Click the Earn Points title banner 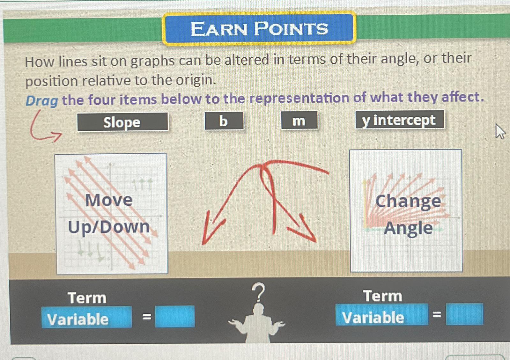tap(259, 28)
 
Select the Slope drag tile tap(122, 122)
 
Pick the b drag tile tap(224, 121)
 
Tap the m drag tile tap(299, 121)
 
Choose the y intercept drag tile tap(399, 120)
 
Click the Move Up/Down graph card tap(111, 213)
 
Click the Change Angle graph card tap(406, 211)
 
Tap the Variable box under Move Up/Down tap(86, 318)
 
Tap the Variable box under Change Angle tap(381, 315)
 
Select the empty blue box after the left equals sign tap(175, 317)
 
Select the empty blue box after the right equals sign tap(464, 314)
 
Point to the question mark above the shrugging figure tap(259, 292)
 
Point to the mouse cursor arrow tap(500, 131)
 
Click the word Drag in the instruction tap(41, 101)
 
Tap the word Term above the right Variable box tap(382, 296)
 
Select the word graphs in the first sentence tap(153, 61)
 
